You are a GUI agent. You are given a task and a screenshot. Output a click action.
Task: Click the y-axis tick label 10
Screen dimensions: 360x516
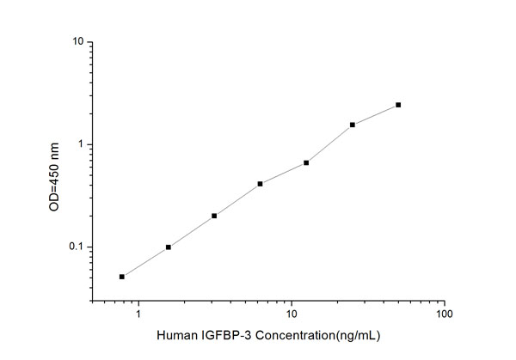coord(77,42)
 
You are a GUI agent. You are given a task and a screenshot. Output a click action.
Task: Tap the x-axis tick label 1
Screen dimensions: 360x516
coord(138,315)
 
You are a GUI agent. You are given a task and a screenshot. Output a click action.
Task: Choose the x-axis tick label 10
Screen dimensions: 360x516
coord(292,315)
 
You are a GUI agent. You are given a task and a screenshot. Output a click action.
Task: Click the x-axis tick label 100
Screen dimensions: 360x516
coord(444,315)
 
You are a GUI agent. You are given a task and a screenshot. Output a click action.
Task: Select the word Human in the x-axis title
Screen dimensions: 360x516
coord(176,336)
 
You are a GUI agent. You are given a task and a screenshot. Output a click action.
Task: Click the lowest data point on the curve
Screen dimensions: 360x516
coord(122,277)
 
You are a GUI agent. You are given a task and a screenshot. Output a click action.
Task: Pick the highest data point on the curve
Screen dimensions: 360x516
coord(398,105)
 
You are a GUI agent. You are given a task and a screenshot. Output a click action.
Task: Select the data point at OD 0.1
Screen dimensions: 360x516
coord(169,247)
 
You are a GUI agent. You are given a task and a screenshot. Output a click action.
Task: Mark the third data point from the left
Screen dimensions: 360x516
coord(214,216)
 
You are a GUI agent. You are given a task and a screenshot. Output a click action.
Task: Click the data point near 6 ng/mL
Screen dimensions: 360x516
coord(260,183)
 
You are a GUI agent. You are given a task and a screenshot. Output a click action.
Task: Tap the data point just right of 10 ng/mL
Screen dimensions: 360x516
coord(306,162)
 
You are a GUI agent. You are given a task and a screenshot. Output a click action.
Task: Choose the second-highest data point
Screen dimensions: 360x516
coord(353,125)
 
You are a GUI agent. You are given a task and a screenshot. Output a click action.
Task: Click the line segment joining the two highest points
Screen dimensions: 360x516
coord(376,114)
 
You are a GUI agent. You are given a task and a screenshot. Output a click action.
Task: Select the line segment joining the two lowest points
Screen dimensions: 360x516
coord(145,262)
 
